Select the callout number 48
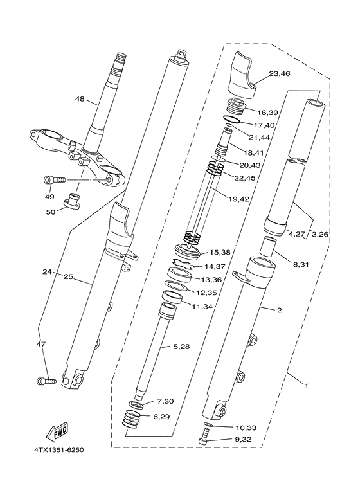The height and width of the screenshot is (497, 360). click(80, 100)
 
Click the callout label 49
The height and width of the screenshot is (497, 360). click(49, 196)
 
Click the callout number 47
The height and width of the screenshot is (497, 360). click(40, 345)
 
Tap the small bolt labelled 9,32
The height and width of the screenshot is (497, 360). click(204, 440)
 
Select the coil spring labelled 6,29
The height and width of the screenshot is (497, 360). click(132, 422)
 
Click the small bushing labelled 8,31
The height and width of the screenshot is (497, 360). click(267, 247)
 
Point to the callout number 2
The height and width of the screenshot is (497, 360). click(279, 311)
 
